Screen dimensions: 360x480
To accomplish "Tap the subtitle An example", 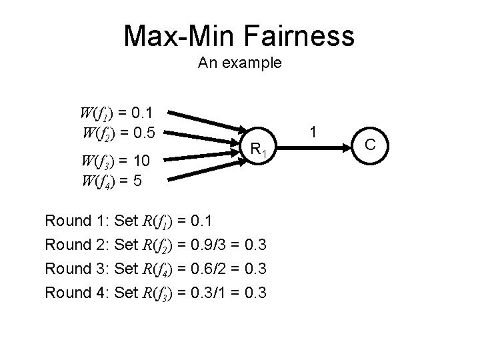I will [x=239, y=64].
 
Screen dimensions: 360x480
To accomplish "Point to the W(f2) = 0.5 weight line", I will [x=117, y=133].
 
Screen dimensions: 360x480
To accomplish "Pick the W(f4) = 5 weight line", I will [x=110, y=181].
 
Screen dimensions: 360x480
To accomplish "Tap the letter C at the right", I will [x=371, y=144].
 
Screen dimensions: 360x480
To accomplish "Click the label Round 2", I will [x=75, y=244].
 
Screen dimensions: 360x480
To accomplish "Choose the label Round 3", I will [x=75, y=268].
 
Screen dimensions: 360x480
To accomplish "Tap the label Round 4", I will [x=75, y=292].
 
